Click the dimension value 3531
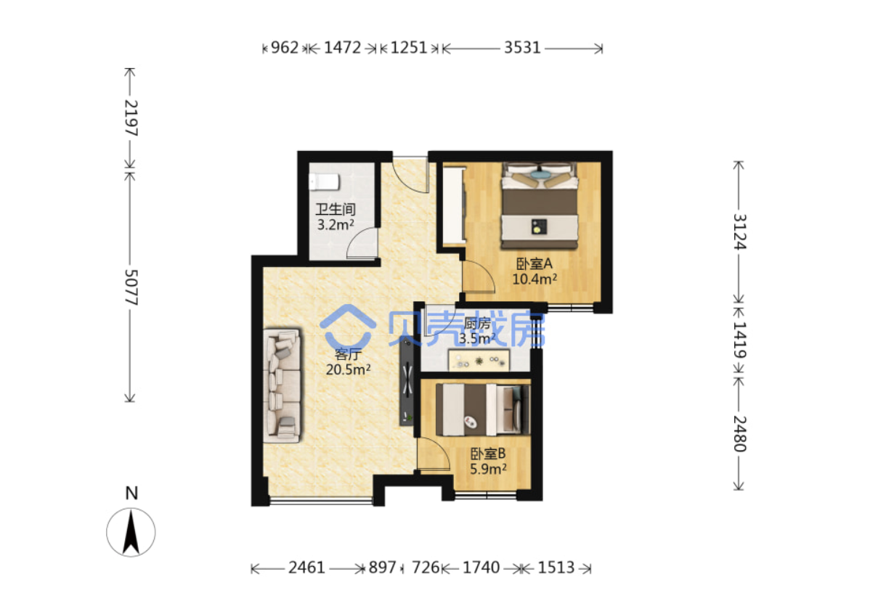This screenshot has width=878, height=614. (x=522, y=48)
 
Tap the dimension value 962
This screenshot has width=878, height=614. (x=285, y=48)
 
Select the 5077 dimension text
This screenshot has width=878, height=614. (x=131, y=287)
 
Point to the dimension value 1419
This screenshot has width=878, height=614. (x=739, y=340)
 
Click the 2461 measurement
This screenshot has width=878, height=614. (x=306, y=568)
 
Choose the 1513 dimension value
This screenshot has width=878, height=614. (x=556, y=568)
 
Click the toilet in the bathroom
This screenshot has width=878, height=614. (x=324, y=182)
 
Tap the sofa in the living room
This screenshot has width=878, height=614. (x=282, y=386)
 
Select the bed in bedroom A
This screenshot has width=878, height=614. (x=540, y=206)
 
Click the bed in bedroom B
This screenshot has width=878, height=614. (x=483, y=410)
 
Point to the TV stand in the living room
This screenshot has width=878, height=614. (x=406, y=382)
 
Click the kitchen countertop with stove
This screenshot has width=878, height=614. (x=479, y=360)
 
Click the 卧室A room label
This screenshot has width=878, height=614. (x=534, y=263)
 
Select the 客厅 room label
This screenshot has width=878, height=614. (x=347, y=354)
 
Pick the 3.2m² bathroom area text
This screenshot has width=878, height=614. (x=336, y=225)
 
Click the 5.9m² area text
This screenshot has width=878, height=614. (x=488, y=469)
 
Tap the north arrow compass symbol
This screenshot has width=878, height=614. (x=131, y=532)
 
